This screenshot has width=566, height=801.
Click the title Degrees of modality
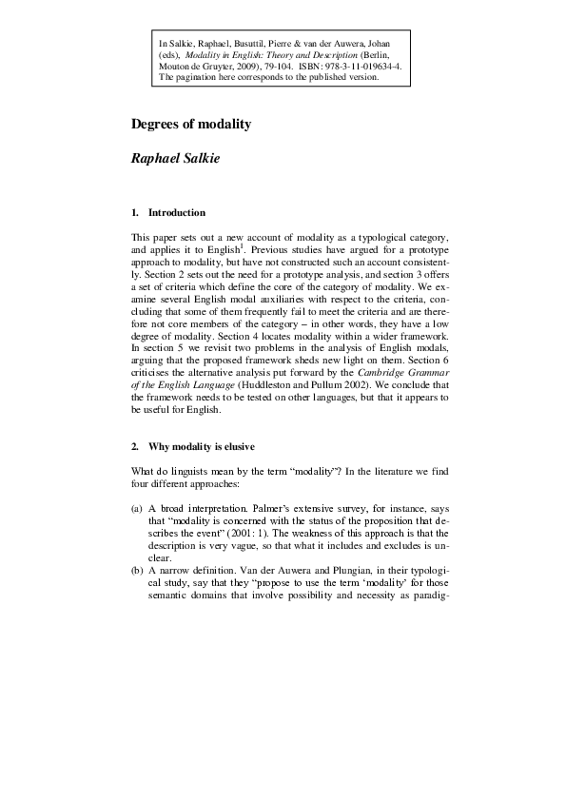[190, 124]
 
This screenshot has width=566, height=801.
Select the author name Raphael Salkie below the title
[174, 159]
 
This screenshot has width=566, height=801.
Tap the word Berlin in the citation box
[385, 55]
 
